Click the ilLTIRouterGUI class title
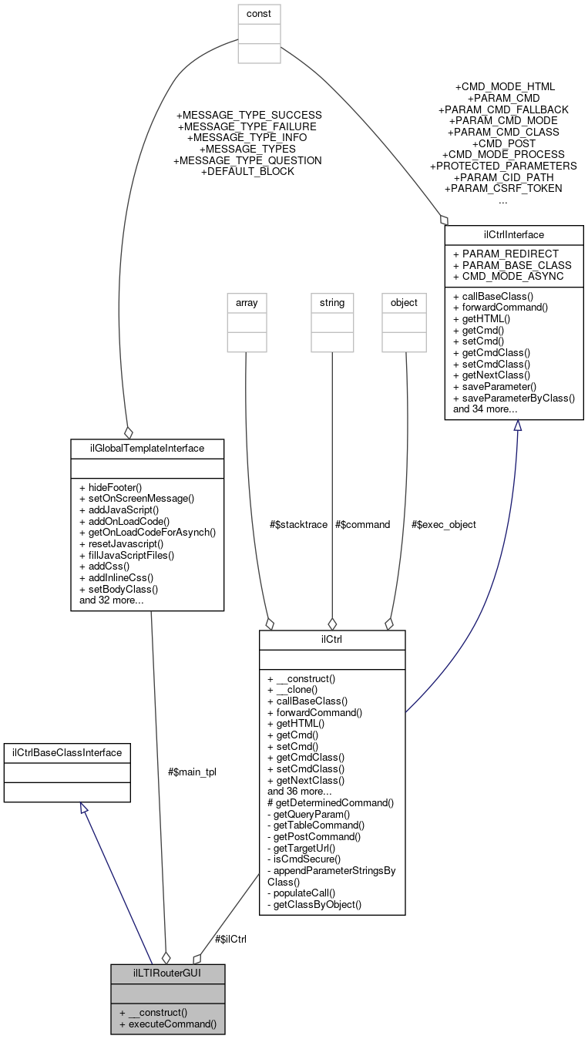pyautogui.click(x=167, y=973)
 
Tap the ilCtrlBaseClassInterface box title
pyautogui.click(x=67, y=752)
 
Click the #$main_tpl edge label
pyautogui.click(x=192, y=772)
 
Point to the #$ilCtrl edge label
pyautogui.click(x=230, y=939)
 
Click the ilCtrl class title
pyautogui.click(x=331, y=640)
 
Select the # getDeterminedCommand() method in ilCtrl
pyautogui.click(x=331, y=802)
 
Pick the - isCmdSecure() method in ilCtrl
pyautogui.click(x=304, y=859)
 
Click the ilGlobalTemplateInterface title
pyautogui.click(x=147, y=448)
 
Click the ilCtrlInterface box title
pyautogui.click(x=513, y=234)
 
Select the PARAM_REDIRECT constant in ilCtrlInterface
pyautogui.click(x=506, y=254)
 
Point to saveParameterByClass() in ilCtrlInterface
pyautogui.click(x=514, y=398)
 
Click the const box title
pyautogui.click(x=258, y=14)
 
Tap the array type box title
pyautogui.click(x=246, y=303)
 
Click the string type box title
pyautogui.click(x=331, y=303)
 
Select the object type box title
pyautogui.click(x=405, y=303)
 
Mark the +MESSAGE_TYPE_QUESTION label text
pyautogui.click(x=247, y=160)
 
